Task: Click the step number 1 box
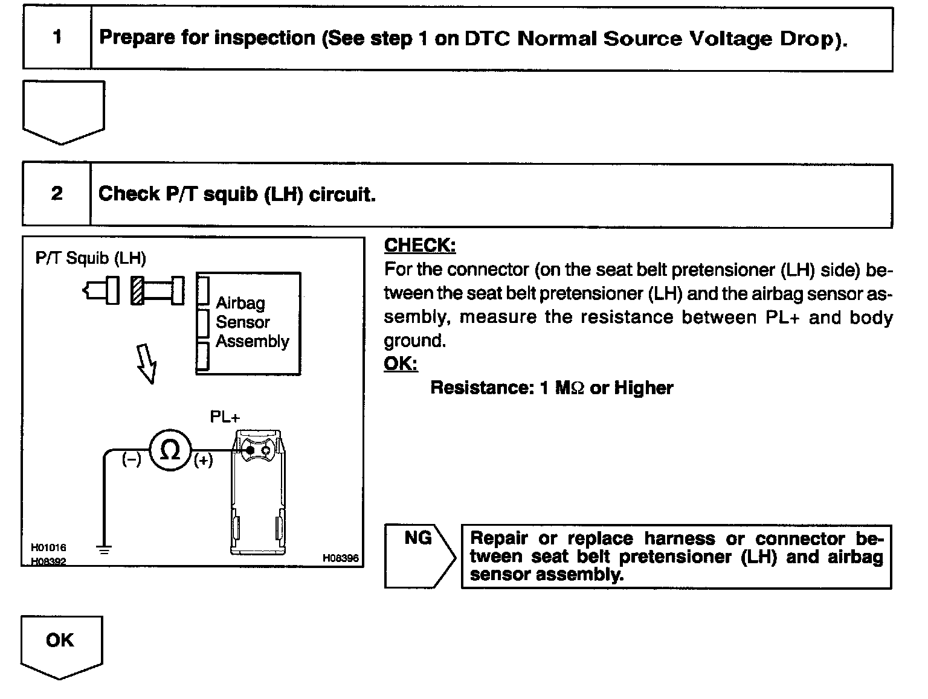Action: tap(57, 37)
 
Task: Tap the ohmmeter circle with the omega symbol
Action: tap(170, 450)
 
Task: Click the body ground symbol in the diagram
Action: tap(104, 549)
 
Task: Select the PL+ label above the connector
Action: tap(225, 417)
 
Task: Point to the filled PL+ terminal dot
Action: tap(249, 450)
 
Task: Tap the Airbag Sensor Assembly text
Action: tap(252, 322)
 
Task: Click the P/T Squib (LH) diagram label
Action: tap(91, 258)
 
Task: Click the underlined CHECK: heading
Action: tap(420, 246)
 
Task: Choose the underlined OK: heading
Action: tap(401, 364)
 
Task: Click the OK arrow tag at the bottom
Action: tap(60, 645)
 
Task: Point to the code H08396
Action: tap(340, 558)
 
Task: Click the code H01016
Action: tap(48, 547)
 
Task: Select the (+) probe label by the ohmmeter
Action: tap(203, 461)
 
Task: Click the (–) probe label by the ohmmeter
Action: tap(131, 459)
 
